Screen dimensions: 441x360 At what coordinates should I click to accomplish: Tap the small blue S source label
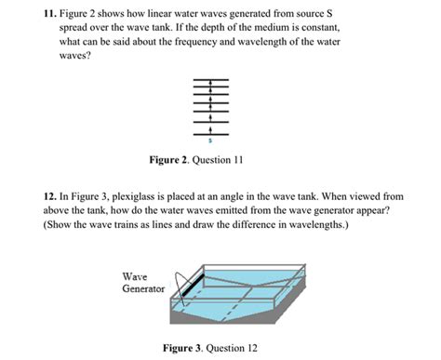tap(211, 141)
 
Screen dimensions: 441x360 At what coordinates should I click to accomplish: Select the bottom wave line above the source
tap(211, 132)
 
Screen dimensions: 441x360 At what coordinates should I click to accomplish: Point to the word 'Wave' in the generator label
tap(136, 276)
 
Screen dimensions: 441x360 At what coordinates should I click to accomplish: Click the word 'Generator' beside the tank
tap(143, 289)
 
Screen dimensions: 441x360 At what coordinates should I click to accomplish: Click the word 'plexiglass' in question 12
tap(153, 197)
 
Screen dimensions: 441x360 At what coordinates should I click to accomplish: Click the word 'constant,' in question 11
tap(315, 29)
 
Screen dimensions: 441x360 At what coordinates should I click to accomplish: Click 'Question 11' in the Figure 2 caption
tap(221, 160)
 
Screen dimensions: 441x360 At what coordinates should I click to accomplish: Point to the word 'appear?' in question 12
tap(371, 211)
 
